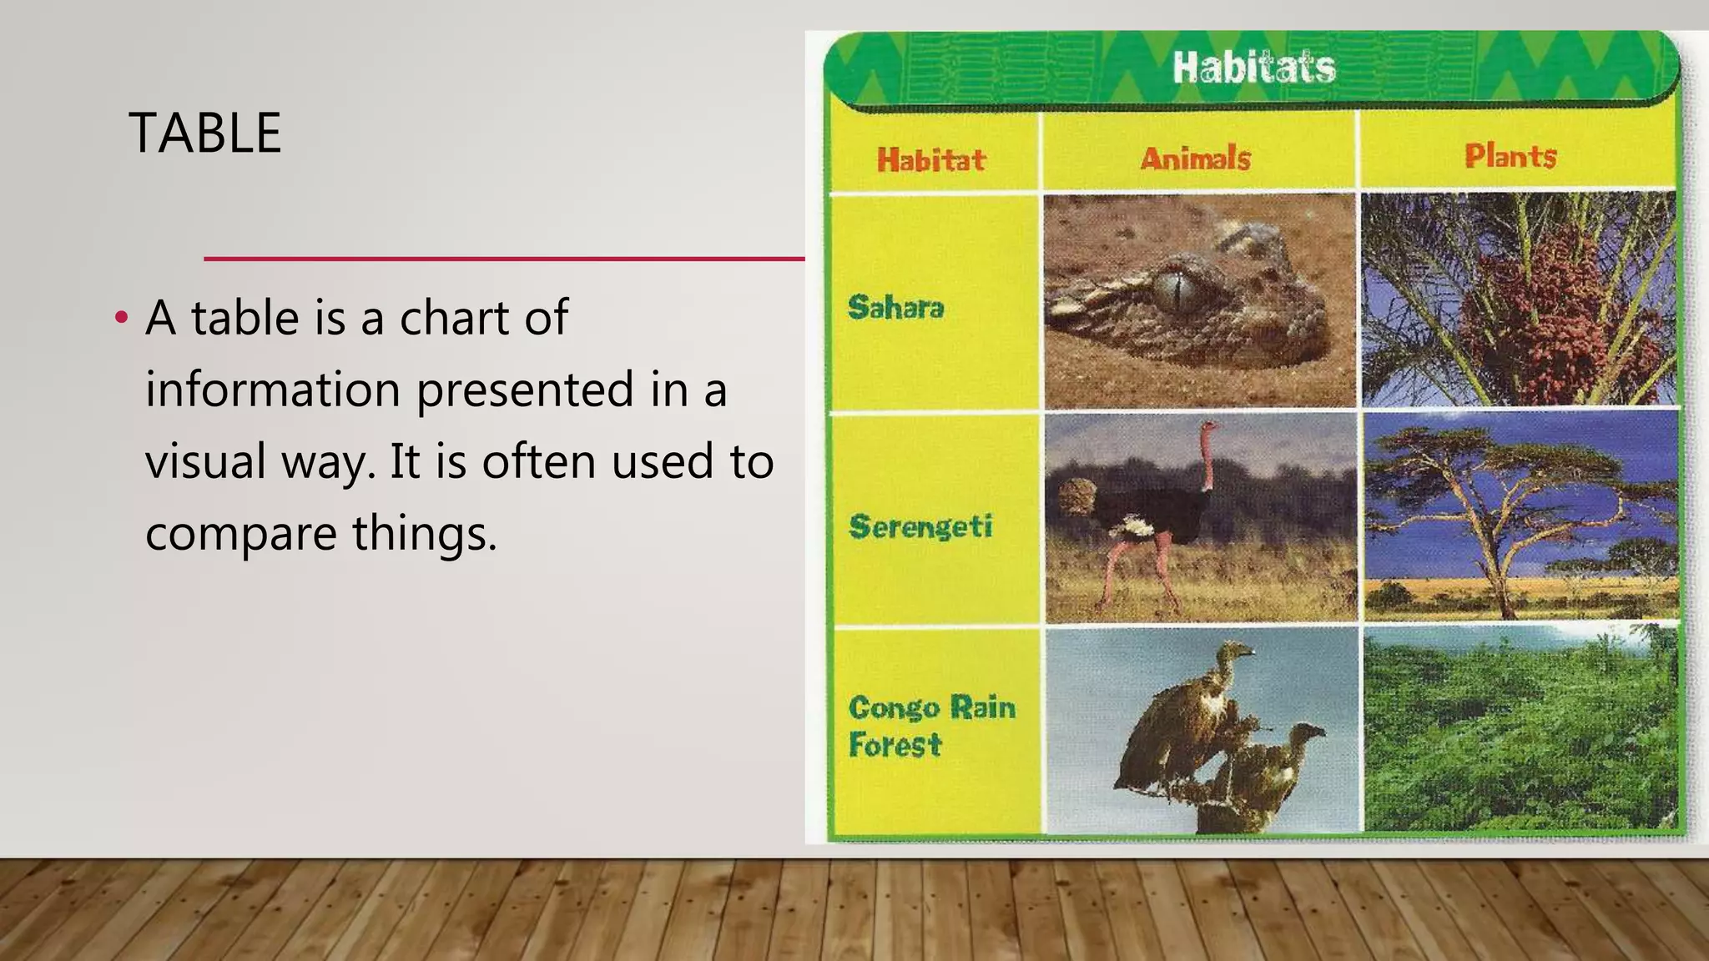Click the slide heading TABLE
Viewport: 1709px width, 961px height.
[205, 133]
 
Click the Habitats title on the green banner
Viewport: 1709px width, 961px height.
[1253, 68]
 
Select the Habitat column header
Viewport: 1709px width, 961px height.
[930, 159]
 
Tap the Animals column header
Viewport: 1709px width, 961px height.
[1195, 158]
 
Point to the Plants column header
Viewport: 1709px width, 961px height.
[1510, 156]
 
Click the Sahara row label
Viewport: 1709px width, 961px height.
[895, 308]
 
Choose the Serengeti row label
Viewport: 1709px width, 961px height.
[920, 526]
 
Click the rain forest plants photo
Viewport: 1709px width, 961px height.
[1519, 730]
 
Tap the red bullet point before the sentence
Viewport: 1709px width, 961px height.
[122, 319]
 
